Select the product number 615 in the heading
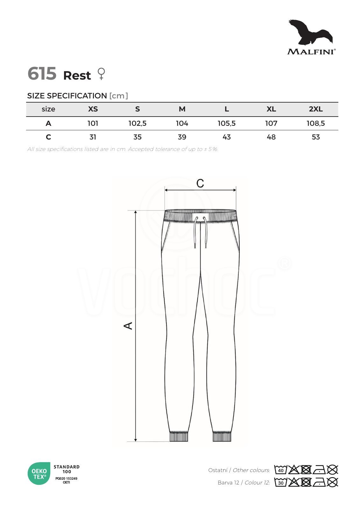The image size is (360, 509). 42,74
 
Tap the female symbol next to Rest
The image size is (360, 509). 101,74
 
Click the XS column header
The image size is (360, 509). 93,109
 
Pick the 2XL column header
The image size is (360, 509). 316,109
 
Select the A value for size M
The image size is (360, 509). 182,123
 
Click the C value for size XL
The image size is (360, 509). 271,137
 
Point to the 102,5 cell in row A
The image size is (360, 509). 138,123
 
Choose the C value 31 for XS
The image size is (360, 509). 93,137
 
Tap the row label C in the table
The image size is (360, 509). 48,137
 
